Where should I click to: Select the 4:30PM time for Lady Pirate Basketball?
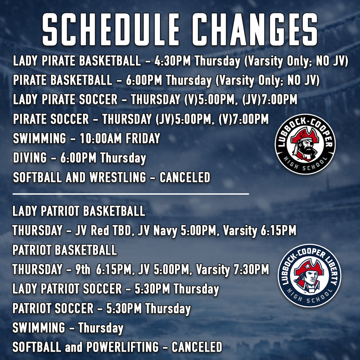tap(173, 62)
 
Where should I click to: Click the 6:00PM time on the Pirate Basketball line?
tap(144, 81)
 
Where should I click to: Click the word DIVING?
tap(30, 158)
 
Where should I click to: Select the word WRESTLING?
tap(117, 177)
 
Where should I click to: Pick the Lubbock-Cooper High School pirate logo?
tap(305, 144)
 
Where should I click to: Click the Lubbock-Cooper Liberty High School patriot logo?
tap(309, 275)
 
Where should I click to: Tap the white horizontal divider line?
tap(130, 194)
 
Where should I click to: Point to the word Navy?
tap(165, 231)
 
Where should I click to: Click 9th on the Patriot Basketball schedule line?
tap(83, 270)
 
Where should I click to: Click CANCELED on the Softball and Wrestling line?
tap(185, 177)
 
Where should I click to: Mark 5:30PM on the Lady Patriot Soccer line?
tap(153, 289)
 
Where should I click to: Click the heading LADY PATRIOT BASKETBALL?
tap(79, 211)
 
